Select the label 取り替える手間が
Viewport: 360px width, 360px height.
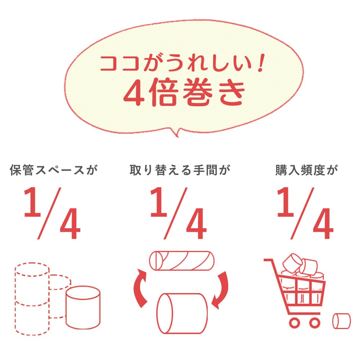180,170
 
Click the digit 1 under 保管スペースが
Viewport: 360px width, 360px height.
32,203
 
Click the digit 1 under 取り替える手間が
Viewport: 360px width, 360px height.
158,203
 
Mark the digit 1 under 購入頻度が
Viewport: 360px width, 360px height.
285,203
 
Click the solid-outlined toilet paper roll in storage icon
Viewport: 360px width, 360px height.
83,308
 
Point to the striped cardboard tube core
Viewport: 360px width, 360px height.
182,260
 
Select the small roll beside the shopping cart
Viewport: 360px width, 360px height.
341,320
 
